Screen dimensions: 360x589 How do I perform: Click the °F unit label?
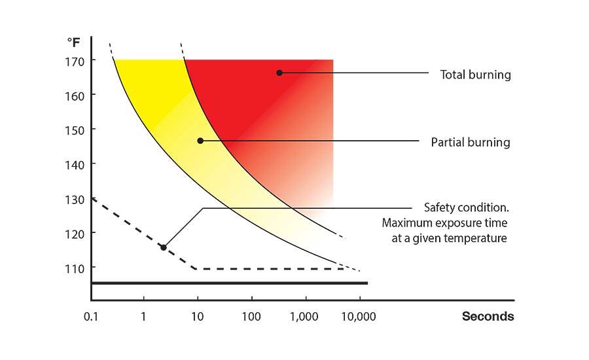pyautogui.click(x=73, y=42)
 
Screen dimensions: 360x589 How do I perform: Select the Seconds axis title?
pyautogui.click(x=488, y=317)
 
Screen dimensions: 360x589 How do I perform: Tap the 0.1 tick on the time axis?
pyautogui.click(x=90, y=317)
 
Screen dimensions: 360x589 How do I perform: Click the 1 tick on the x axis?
pyautogui.click(x=143, y=317)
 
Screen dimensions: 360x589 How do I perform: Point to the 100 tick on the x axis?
pyautogui.click(x=251, y=317)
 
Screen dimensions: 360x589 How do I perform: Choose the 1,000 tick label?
pyautogui.click(x=305, y=317)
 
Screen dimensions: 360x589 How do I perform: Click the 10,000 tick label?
pyautogui.click(x=359, y=317)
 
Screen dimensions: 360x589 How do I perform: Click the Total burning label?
pyautogui.click(x=475, y=75)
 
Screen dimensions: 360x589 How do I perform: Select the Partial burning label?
pyautogui.click(x=471, y=142)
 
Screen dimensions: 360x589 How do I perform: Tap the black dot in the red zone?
pyautogui.click(x=279, y=73)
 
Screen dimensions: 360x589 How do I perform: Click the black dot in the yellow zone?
pyautogui.click(x=200, y=141)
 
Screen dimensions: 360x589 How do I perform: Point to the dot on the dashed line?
pyautogui.click(x=164, y=247)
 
